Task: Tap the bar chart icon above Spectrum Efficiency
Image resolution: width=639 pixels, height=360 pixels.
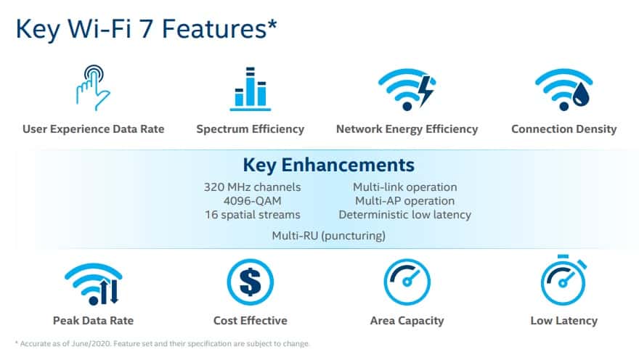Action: click(251, 89)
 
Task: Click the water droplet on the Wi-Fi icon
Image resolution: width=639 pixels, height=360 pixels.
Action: click(583, 94)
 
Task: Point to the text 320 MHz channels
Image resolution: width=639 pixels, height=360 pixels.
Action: click(252, 187)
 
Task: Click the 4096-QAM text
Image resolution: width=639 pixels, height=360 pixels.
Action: click(252, 201)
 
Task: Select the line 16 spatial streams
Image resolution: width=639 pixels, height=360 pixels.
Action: click(252, 215)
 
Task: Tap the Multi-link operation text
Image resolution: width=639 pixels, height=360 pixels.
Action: click(404, 187)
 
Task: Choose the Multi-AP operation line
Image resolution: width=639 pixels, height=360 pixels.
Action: click(404, 201)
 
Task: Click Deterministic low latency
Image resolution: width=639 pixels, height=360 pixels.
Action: click(404, 215)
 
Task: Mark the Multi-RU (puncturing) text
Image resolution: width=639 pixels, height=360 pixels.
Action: click(328, 236)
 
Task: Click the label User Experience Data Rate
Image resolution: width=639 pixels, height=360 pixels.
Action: click(94, 129)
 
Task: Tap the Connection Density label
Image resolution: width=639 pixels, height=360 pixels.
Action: click(563, 129)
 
